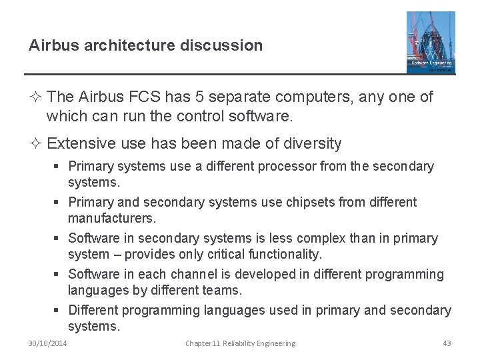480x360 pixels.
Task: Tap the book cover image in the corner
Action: (431, 41)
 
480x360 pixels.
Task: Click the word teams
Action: (224, 290)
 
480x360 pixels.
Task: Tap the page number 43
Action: (447, 343)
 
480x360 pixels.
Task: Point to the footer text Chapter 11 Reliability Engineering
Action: (240, 343)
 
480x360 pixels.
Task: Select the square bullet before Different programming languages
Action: (59, 310)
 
